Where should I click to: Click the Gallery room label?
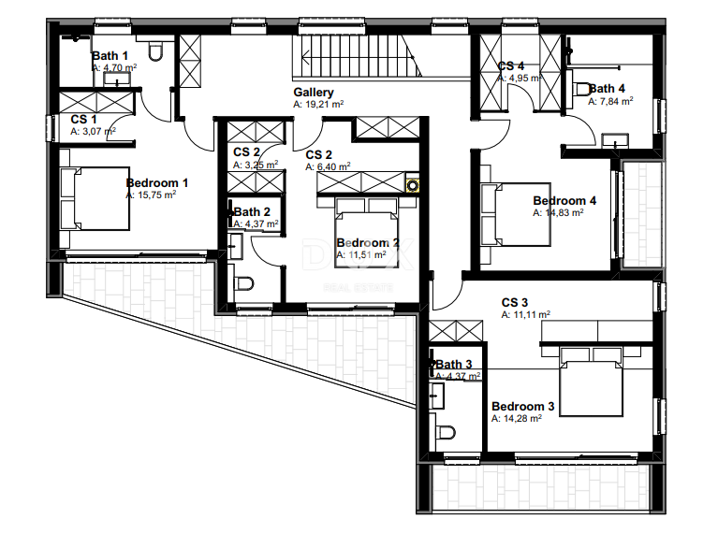(x=313, y=93)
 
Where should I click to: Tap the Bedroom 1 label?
(x=157, y=183)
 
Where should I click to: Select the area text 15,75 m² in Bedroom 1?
(x=155, y=196)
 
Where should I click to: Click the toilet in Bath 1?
(x=157, y=50)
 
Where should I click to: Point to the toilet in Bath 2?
(x=245, y=284)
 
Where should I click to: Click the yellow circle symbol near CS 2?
(x=411, y=184)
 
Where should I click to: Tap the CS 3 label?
(x=515, y=303)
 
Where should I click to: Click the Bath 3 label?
(x=454, y=365)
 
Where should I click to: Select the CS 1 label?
(x=85, y=120)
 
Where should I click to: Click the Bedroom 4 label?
(x=564, y=200)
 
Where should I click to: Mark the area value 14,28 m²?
(x=517, y=419)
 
